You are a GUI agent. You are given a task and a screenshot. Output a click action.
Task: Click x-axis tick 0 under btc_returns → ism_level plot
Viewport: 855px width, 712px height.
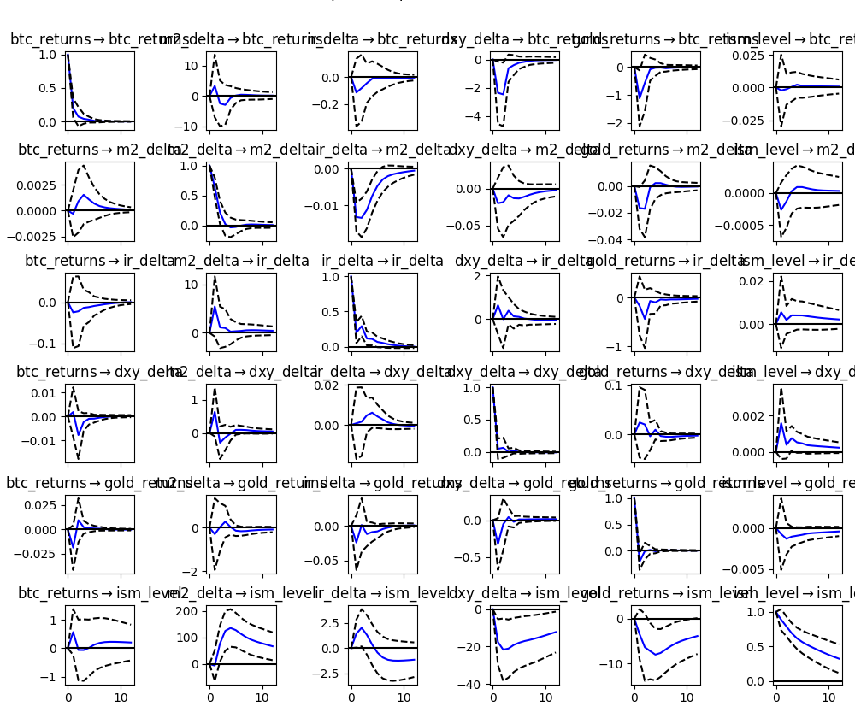pyautogui.click(x=68, y=698)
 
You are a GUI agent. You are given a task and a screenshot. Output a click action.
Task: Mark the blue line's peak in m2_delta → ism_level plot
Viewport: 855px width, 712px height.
pyautogui.click(x=231, y=628)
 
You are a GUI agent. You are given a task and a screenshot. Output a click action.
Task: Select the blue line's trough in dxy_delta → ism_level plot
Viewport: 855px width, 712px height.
pyautogui.click(x=503, y=650)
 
